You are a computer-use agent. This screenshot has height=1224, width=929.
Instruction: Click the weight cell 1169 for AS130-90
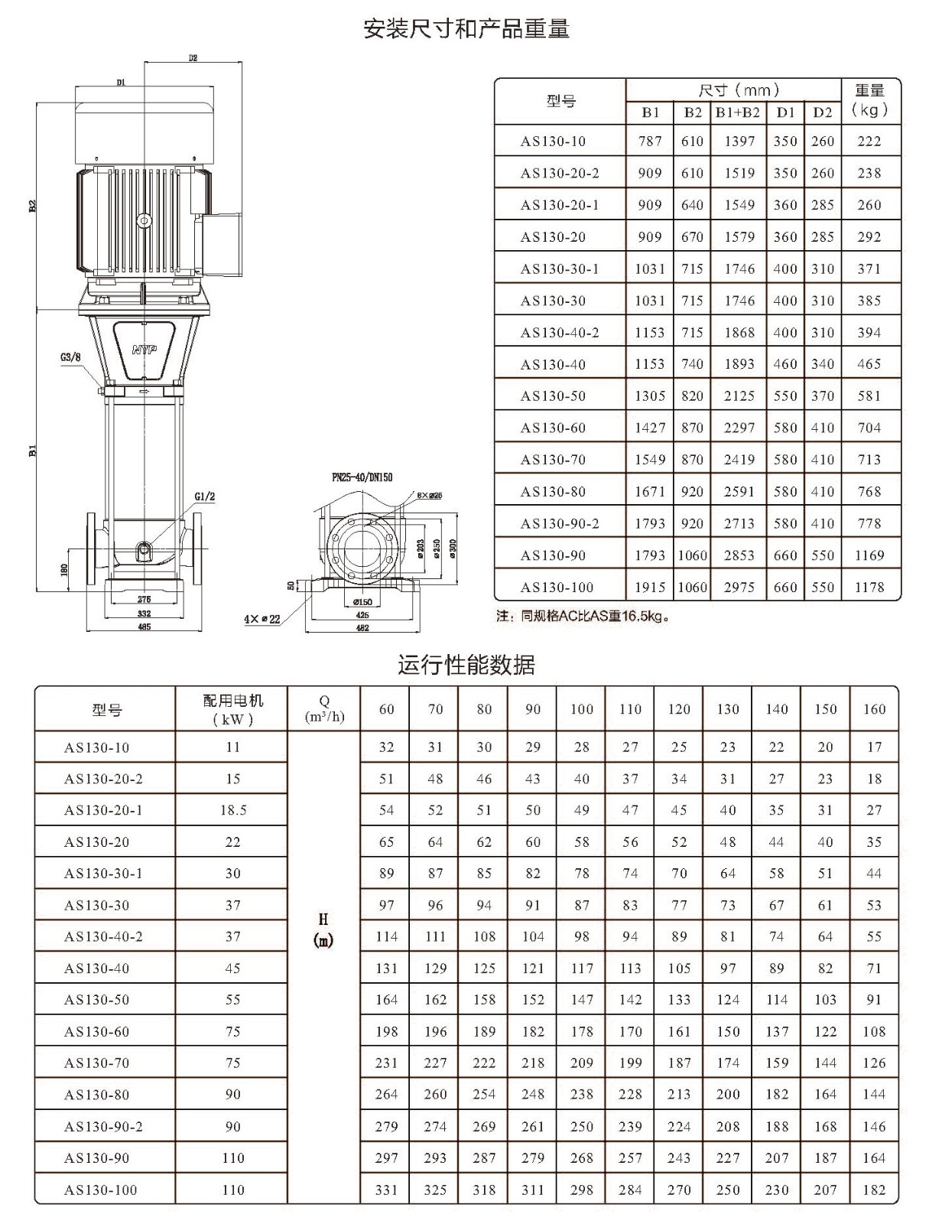tap(869, 555)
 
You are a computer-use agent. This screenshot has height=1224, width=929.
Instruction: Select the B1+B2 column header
tap(738, 112)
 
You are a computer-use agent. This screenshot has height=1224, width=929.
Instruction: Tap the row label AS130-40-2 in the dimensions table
tap(560, 332)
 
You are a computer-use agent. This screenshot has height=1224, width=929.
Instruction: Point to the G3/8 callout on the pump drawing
tap(71, 357)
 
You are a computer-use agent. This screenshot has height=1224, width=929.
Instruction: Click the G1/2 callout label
tap(204, 496)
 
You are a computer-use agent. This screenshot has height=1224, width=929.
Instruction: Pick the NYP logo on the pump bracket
tap(145, 350)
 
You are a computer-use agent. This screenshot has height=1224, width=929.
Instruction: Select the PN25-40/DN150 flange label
tap(362, 477)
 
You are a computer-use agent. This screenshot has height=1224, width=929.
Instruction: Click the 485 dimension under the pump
tap(145, 627)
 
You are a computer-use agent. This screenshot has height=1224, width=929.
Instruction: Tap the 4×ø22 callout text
tap(262, 618)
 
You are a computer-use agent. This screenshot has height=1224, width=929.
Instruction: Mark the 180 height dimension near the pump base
tap(64, 569)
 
